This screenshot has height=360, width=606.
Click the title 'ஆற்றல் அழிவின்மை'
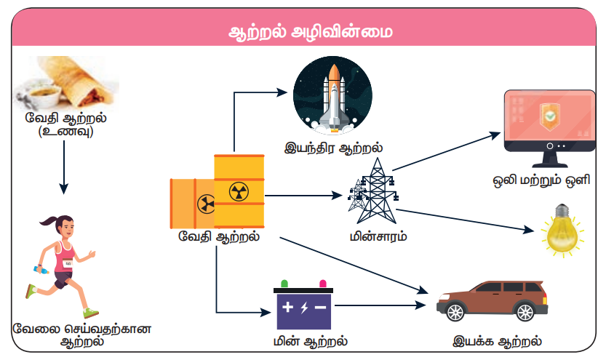tap(303, 33)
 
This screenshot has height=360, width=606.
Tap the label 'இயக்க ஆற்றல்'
tap(496, 340)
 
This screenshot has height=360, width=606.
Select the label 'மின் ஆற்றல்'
tap(304, 340)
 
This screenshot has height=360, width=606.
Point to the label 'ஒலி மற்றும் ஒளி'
tap(549, 179)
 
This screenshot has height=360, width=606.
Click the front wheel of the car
tap(455, 311)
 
